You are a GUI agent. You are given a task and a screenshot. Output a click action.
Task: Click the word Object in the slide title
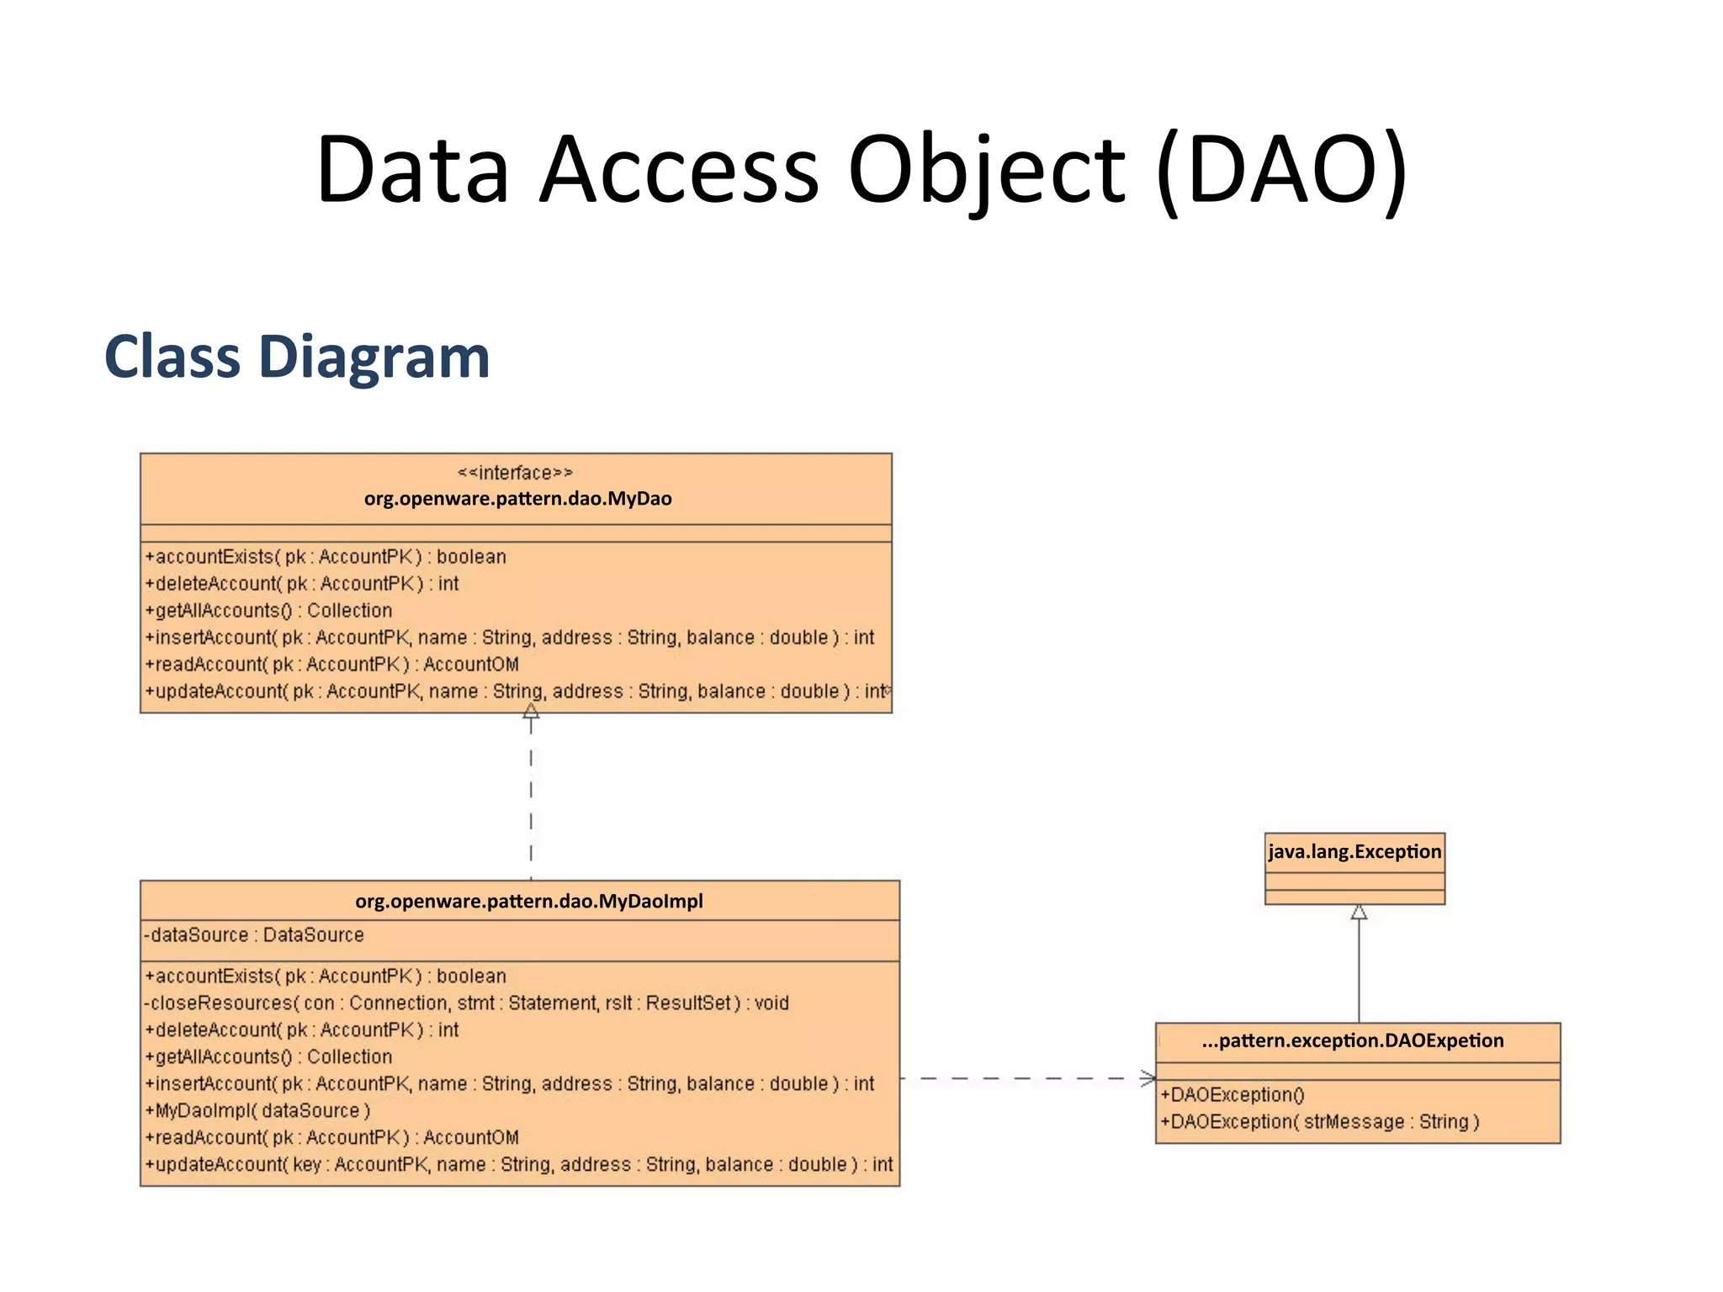tap(986, 171)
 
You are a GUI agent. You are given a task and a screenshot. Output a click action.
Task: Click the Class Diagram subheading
tap(297, 357)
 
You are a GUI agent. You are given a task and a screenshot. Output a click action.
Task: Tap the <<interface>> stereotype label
tap(515, 473)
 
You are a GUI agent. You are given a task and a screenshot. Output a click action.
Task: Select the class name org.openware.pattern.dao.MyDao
tap(517, 499)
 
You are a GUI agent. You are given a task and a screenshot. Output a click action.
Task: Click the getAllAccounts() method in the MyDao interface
tap(268, 611)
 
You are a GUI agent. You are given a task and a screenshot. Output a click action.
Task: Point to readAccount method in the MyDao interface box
tap(331, 665)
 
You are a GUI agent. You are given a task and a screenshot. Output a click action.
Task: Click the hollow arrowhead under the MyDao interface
tap(531, 712)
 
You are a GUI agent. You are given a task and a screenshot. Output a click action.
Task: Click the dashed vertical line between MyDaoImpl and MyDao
tap(531, 799)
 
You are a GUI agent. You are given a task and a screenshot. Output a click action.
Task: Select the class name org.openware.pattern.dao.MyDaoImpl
tap(528, 902)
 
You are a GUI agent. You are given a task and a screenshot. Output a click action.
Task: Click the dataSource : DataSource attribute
tap(254, 935)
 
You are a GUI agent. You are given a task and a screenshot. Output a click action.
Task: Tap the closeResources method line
tap(466, 1003)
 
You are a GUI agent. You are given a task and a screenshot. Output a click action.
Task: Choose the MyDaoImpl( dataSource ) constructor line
tap(257, 1111)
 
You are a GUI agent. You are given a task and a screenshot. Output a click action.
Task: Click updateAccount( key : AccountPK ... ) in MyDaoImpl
tap(518, 1165)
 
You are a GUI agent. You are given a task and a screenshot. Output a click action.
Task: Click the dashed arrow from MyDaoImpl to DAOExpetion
tap(1026, 1078)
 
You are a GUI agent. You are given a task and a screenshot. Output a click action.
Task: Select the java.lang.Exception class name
tap(1355, 852)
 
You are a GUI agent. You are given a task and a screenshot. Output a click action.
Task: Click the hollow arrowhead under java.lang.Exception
tap(1359, 913)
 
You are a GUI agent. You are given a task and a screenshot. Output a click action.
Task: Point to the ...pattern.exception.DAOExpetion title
tap(1352, 1041)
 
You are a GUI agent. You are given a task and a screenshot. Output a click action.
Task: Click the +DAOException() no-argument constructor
tap(1233, 1095)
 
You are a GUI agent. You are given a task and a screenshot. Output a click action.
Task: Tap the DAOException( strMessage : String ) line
tap(1319, 1122)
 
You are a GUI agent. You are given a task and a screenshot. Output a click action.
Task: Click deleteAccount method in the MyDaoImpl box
tap(302, 1030)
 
